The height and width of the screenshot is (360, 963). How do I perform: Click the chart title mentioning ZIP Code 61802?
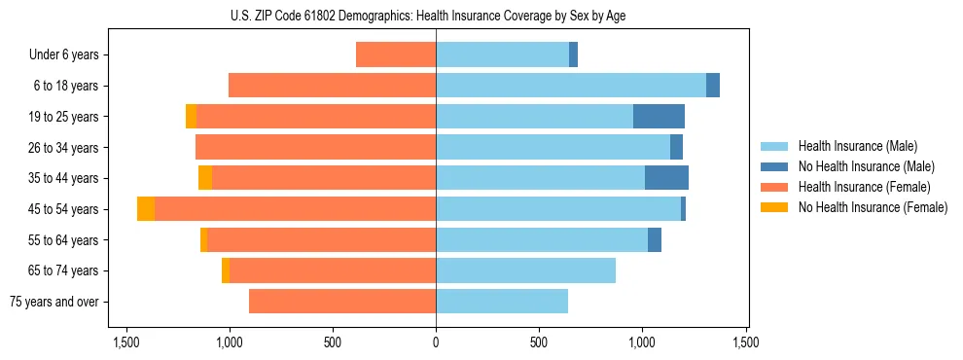click(x=436, y=16)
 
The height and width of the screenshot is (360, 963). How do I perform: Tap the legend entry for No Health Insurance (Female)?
click(x=873, y=207)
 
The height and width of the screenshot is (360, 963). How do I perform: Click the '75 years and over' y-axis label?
click(x=53, y=302)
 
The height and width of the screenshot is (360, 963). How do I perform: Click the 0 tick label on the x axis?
click(x=436, y=342)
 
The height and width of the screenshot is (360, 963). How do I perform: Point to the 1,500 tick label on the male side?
click(x=746, y=342)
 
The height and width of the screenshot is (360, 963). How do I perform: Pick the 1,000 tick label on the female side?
click(x=230, y=342)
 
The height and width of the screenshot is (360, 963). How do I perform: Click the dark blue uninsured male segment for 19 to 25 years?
click(x=659, y=117)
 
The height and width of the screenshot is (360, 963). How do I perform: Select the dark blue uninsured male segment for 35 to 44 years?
click(x=666, y=178)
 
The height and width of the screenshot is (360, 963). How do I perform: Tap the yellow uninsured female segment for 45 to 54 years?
click(x=146, y=209)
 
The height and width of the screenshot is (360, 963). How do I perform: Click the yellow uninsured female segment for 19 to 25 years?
click(x=191, y=117)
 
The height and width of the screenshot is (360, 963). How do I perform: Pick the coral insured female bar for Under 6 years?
click(x=396, y=54)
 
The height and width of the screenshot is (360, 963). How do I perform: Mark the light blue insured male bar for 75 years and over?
click(x=502, y=302)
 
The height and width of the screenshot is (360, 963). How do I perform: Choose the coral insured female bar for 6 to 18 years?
click(x=332, y=86)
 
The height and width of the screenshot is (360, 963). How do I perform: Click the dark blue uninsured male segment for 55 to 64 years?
click(x=655, y=239)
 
